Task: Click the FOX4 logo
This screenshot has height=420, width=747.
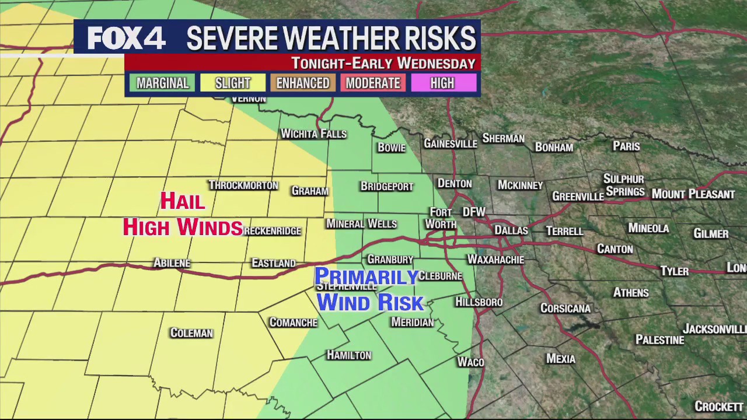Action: [x=127, y=38]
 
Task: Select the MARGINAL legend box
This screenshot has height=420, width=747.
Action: [x=163, y=83]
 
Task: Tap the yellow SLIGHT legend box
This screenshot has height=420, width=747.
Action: [x=232, y=83]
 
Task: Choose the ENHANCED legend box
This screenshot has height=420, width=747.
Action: [x=303, y=83]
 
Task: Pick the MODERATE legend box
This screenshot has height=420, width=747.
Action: [x=373, y=83]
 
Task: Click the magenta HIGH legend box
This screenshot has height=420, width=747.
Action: [x=442, y=83]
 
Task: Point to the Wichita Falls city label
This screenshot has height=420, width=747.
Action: [x=313, y=134]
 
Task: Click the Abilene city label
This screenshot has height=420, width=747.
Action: [x=172, y=263]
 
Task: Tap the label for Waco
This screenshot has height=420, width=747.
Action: [x=470, y=362]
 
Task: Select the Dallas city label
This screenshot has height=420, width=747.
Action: [x=511, y=230]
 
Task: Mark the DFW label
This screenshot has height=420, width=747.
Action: [x=474, y=212]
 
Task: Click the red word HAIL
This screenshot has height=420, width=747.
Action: [x=183, y=201]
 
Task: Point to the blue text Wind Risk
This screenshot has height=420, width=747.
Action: [x=370, y=303]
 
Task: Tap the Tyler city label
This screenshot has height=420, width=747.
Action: [x=675, y=271]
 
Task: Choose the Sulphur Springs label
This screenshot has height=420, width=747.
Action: [x=624, y=185]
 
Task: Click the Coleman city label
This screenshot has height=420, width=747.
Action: [x=191, y=333]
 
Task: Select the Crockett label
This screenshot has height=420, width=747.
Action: [x=719, y=406]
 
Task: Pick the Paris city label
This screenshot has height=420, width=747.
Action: [x=626, y=146]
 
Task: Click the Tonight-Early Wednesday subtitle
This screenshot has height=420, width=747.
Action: [x=383, y=63]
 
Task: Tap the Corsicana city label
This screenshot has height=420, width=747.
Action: [x=566, y=308]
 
